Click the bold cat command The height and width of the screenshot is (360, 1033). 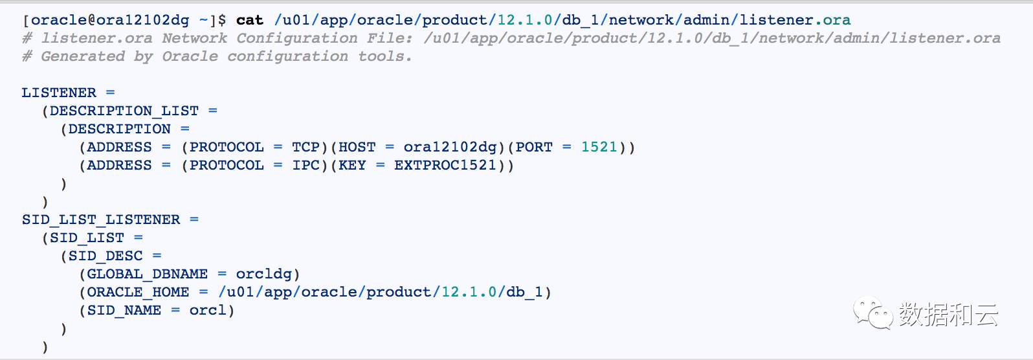tap(250, 20)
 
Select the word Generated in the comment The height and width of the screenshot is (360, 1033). tap(83, 56)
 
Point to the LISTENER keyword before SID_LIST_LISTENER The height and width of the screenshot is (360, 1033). tap(59, 93)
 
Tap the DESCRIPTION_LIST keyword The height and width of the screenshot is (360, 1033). tap(124, 111)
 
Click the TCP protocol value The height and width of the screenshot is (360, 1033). tap(305, 147)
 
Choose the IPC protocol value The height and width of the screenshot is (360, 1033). tap(305, 165)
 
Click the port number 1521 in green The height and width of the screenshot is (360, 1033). tap(599, 147)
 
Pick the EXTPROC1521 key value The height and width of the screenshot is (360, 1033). tap(445, 165)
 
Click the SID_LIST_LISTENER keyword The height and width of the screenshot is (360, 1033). tap(101, 219)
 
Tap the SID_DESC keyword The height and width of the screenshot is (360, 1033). tap(106, 256)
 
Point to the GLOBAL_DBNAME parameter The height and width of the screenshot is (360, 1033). tap(148, 274)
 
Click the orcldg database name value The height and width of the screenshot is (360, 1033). tap(263, 274)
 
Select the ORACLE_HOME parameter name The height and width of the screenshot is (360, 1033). tap(138, 292)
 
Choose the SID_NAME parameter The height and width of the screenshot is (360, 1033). tap(124, 310)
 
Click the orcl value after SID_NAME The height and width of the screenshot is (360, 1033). tap(208, 310)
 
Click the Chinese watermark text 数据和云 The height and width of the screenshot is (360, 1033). tap(948, 315)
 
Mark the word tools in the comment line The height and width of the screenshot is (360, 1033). tap(382, 56)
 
